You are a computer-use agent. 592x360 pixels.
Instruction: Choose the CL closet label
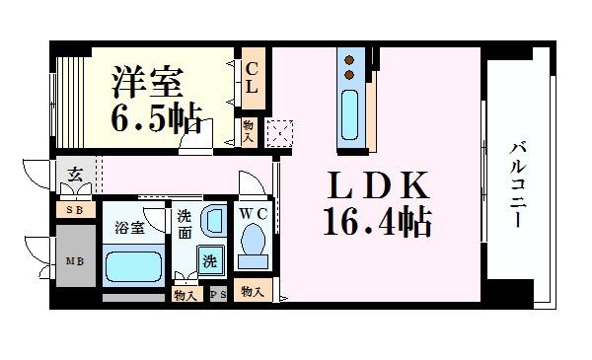click(x=252, y=76)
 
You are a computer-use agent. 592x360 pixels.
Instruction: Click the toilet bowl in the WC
click(x=253, y=243)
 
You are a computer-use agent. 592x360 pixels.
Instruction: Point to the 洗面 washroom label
click(x=185, y=224)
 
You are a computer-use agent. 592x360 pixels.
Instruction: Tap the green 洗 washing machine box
click(x=209, y=261)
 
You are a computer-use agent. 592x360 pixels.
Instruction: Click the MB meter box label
click(x=75, y=260)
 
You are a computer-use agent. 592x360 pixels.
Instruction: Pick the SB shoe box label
click(x=75, y=210)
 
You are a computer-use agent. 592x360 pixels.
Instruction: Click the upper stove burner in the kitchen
click(x=349, y=60)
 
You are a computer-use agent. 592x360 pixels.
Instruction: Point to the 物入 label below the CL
click(x=249, y=130)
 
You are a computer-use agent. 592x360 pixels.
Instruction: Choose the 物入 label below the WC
click(x=251, y=292)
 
